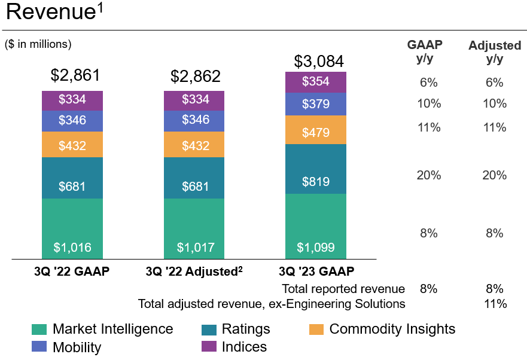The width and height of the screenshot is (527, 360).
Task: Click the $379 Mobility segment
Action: [315, 104]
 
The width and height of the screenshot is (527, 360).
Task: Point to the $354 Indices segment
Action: [315, 82]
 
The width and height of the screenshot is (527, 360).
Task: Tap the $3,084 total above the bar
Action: [319, 62]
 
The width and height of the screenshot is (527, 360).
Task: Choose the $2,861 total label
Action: [75, 75]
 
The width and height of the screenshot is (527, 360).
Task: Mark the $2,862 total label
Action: [196, 76]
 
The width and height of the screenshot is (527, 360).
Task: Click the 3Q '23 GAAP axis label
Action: [315, 271]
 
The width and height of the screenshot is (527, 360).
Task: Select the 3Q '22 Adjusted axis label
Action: [194, 271]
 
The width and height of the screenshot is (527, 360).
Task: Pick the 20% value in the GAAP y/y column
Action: [428, 175]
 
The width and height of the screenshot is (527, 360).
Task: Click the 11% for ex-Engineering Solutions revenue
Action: [495, 304]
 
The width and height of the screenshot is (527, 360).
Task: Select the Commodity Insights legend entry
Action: [383, 329]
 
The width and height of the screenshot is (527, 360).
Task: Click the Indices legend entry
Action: [235, 347]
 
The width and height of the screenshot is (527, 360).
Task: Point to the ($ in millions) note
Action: [38, 44]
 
